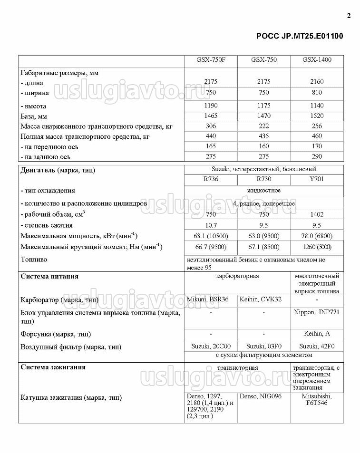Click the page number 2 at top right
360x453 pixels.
coord(349,16)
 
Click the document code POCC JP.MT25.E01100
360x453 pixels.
coord(299,36)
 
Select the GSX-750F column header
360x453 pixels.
coord(211,60)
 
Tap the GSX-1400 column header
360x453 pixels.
coord(317,60)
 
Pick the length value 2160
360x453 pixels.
coord(317,82)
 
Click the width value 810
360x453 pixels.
coord(317,92)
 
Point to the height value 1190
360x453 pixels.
coord(211,106)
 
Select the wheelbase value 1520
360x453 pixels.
coord(317,116)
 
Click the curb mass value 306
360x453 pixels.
coord(211,126)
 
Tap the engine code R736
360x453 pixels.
coord(211,180)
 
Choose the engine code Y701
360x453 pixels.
coord(317,180)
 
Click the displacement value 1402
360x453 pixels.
coord(317,214)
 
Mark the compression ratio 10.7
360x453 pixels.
coord(211,225)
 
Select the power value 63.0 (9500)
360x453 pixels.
coord(263,236)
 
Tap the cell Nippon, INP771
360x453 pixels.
coord(317,312)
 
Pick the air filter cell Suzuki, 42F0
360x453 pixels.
coord(317,347)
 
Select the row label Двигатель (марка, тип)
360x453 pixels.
coord(58,170)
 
